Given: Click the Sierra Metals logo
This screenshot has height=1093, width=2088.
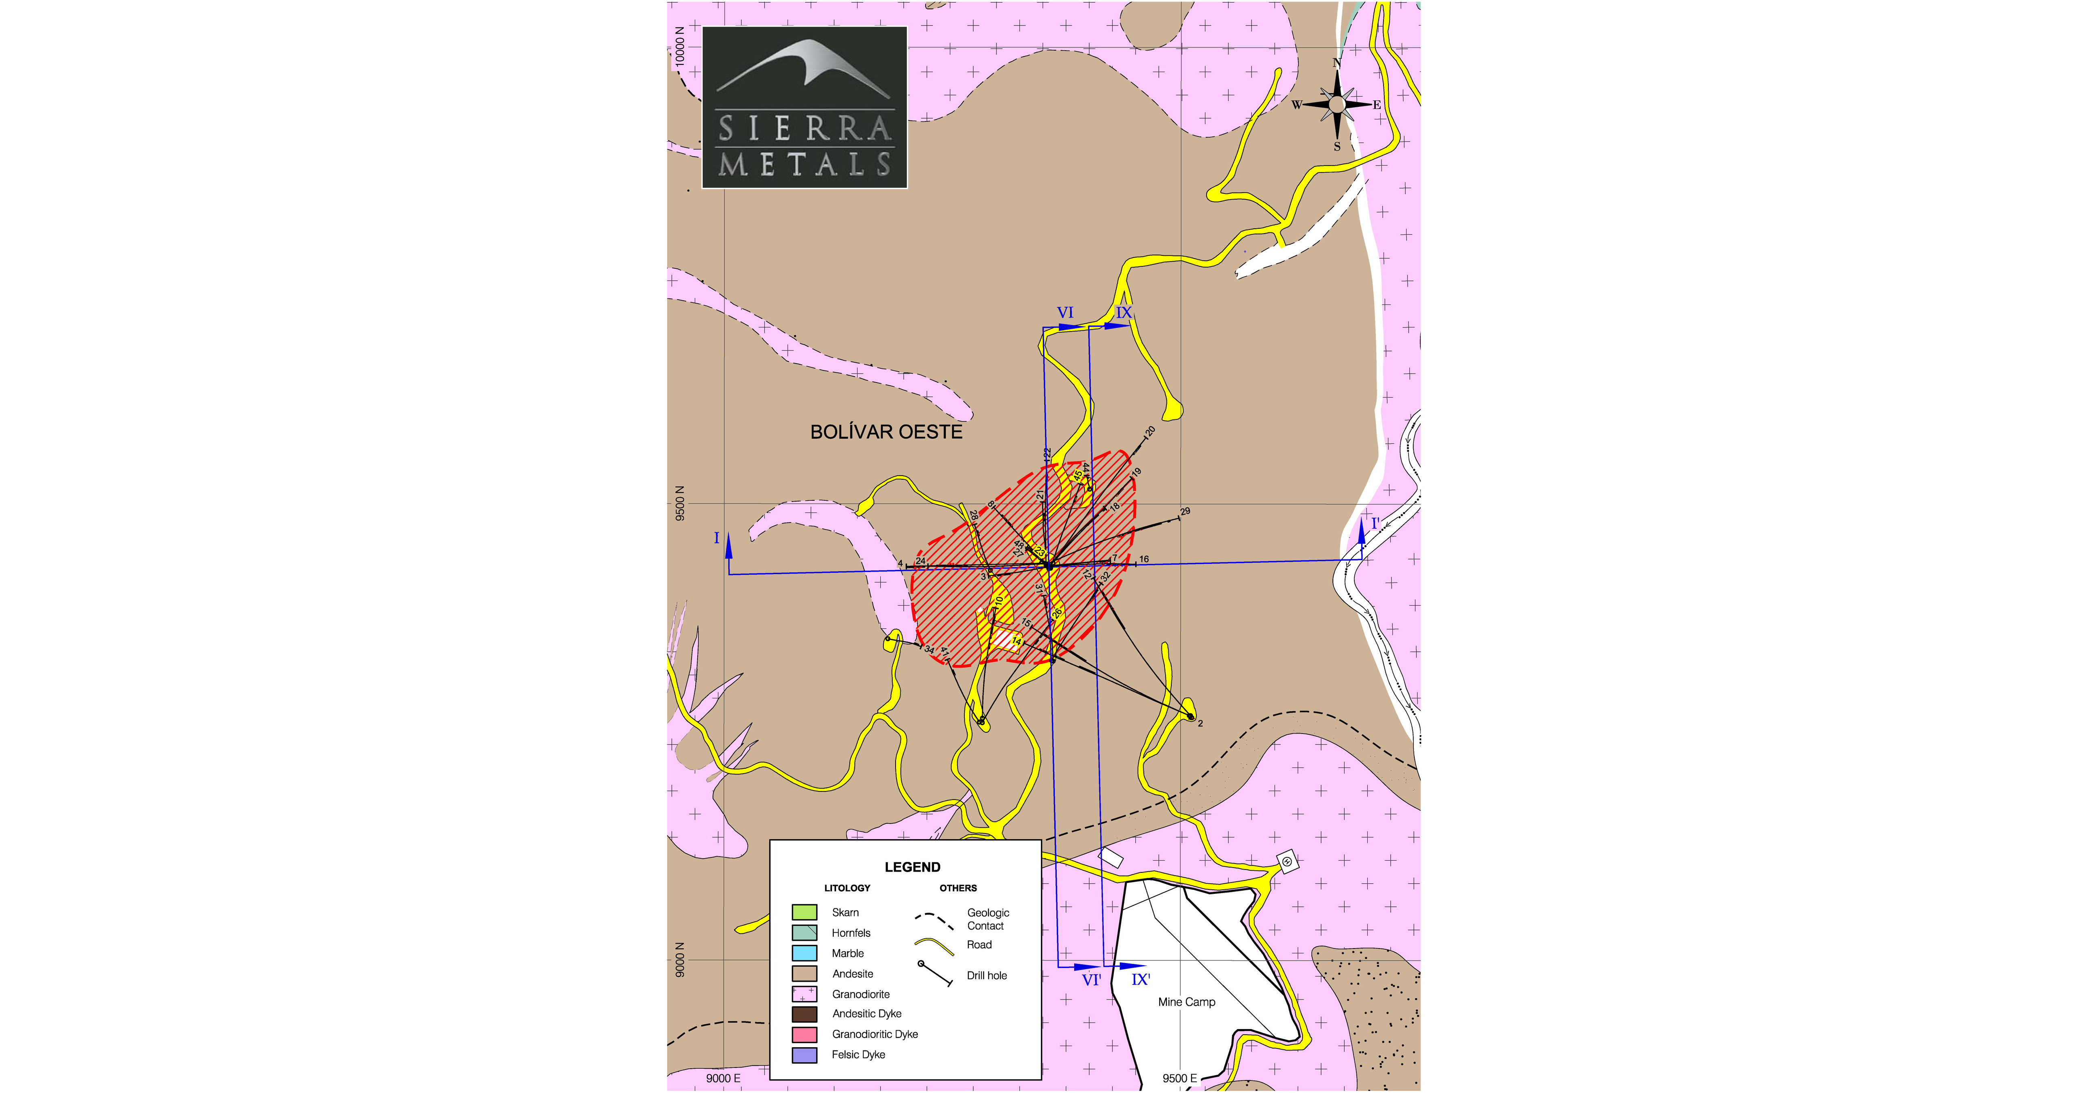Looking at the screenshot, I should coord(804,108).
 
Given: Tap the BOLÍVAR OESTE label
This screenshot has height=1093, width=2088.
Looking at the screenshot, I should coord(886,432).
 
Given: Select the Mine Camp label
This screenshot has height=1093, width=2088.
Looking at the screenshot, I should coord(1186,1002).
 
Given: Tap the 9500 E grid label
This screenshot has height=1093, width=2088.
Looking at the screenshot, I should coord(1179,1078).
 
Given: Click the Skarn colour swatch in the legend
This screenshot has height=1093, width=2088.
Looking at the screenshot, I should coord(804,912).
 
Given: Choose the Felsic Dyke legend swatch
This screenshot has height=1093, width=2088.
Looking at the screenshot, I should coord(804,1055).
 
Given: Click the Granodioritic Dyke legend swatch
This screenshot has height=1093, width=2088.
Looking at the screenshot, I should coord(804,1035).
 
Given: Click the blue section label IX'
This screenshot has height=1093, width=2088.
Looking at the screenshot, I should coord(1141,980).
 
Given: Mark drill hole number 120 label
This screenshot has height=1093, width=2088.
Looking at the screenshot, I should coord(1149,432).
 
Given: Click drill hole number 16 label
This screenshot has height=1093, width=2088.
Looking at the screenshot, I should coord(1144,559).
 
